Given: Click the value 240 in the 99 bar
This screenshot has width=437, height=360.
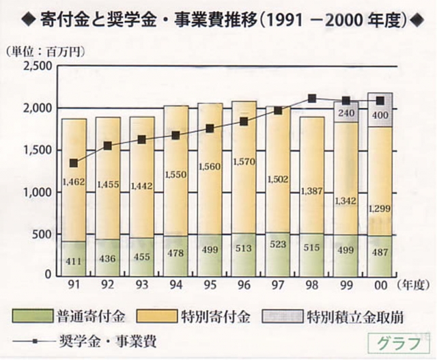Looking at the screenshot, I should (346, 113).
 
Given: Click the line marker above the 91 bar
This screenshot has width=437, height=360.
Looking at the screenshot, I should (74, 163).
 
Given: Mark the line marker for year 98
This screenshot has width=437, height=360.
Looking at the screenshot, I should (312, 98).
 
